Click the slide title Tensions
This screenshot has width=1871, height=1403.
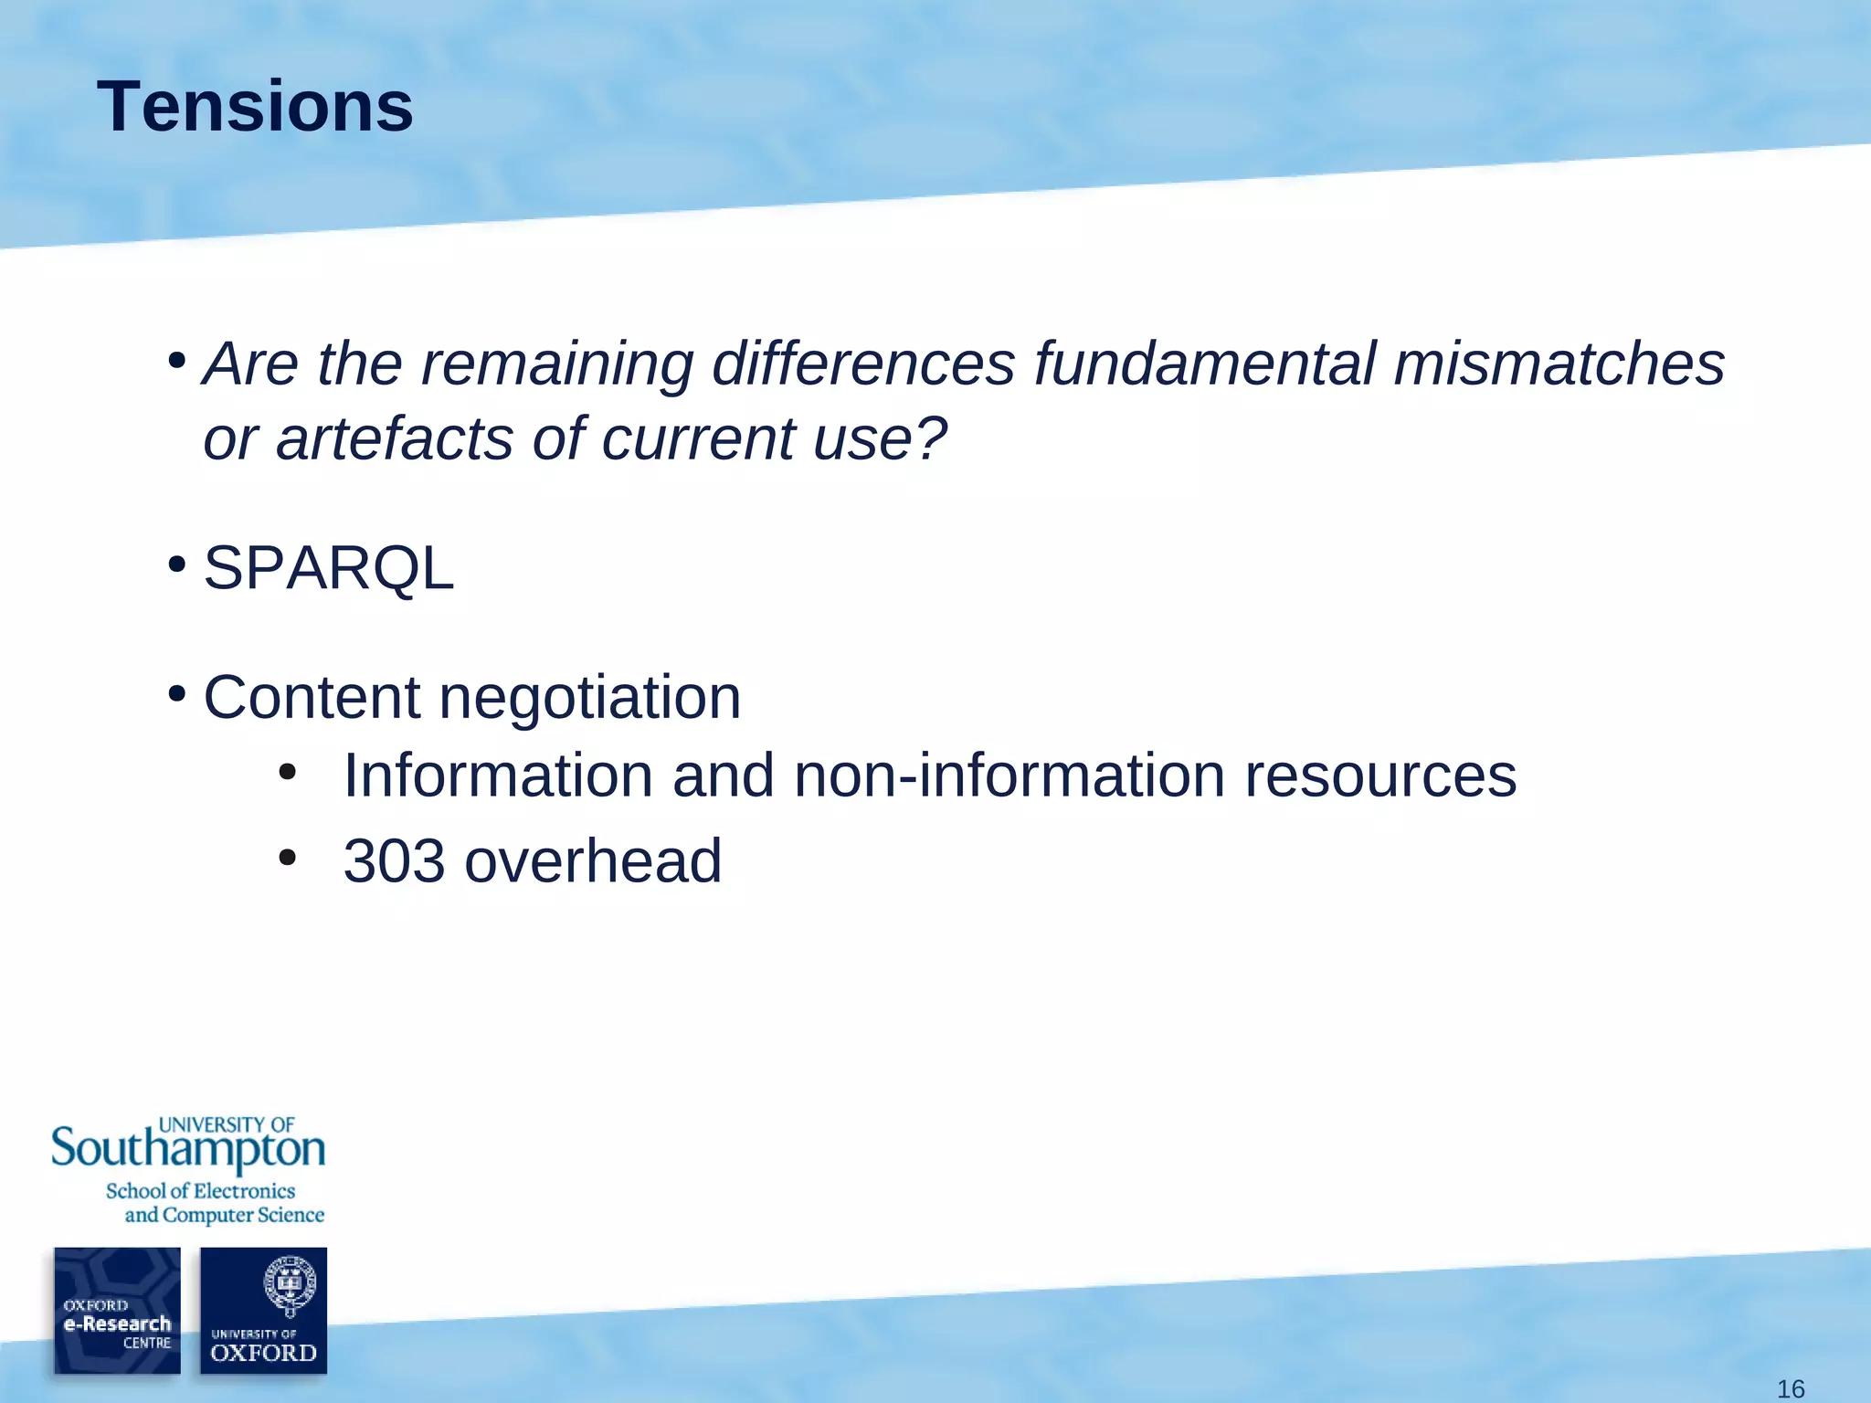[255, 107]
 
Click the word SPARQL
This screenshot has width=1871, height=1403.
[328, 568]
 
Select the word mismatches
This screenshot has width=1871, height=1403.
[1559, 364]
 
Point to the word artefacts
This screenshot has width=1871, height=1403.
[395, 438]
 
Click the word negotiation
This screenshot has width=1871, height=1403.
[589, 698]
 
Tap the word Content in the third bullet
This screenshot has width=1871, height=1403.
[311, 698]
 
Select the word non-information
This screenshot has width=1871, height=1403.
[1009, 775]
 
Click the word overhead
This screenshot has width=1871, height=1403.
[593, 861]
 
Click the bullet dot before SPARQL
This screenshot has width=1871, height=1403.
[177, 564]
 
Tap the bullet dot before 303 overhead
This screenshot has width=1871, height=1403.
[288, 858]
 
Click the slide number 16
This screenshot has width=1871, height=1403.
[1790, 1389]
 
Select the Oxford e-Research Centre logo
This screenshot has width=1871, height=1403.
[117, 1311]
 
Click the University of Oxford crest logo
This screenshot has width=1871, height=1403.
[263, 1311]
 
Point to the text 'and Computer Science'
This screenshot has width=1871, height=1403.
[224, 1215]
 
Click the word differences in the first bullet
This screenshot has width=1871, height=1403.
[863, 364]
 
